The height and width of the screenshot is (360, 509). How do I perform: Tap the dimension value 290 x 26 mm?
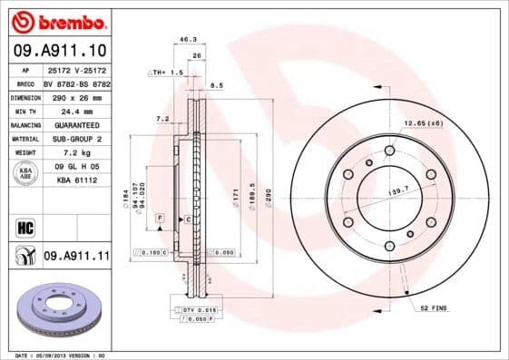[x=76, y=96]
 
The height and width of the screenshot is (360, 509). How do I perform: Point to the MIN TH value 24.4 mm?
[x=76, y=110]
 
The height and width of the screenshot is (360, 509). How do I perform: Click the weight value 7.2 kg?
[x=76, y=151]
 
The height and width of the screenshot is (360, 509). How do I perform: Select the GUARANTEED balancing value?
[x=76, y=124]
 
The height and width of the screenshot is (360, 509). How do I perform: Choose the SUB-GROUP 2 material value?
[x=76, y=138]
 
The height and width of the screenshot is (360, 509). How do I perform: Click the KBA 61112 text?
[x=76, y=179]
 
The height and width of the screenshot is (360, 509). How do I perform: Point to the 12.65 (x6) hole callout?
[x=424, y=122]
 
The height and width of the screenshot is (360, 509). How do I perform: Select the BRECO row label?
[x=25, y=83]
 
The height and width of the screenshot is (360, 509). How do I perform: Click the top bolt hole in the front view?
[x=390, y=150]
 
